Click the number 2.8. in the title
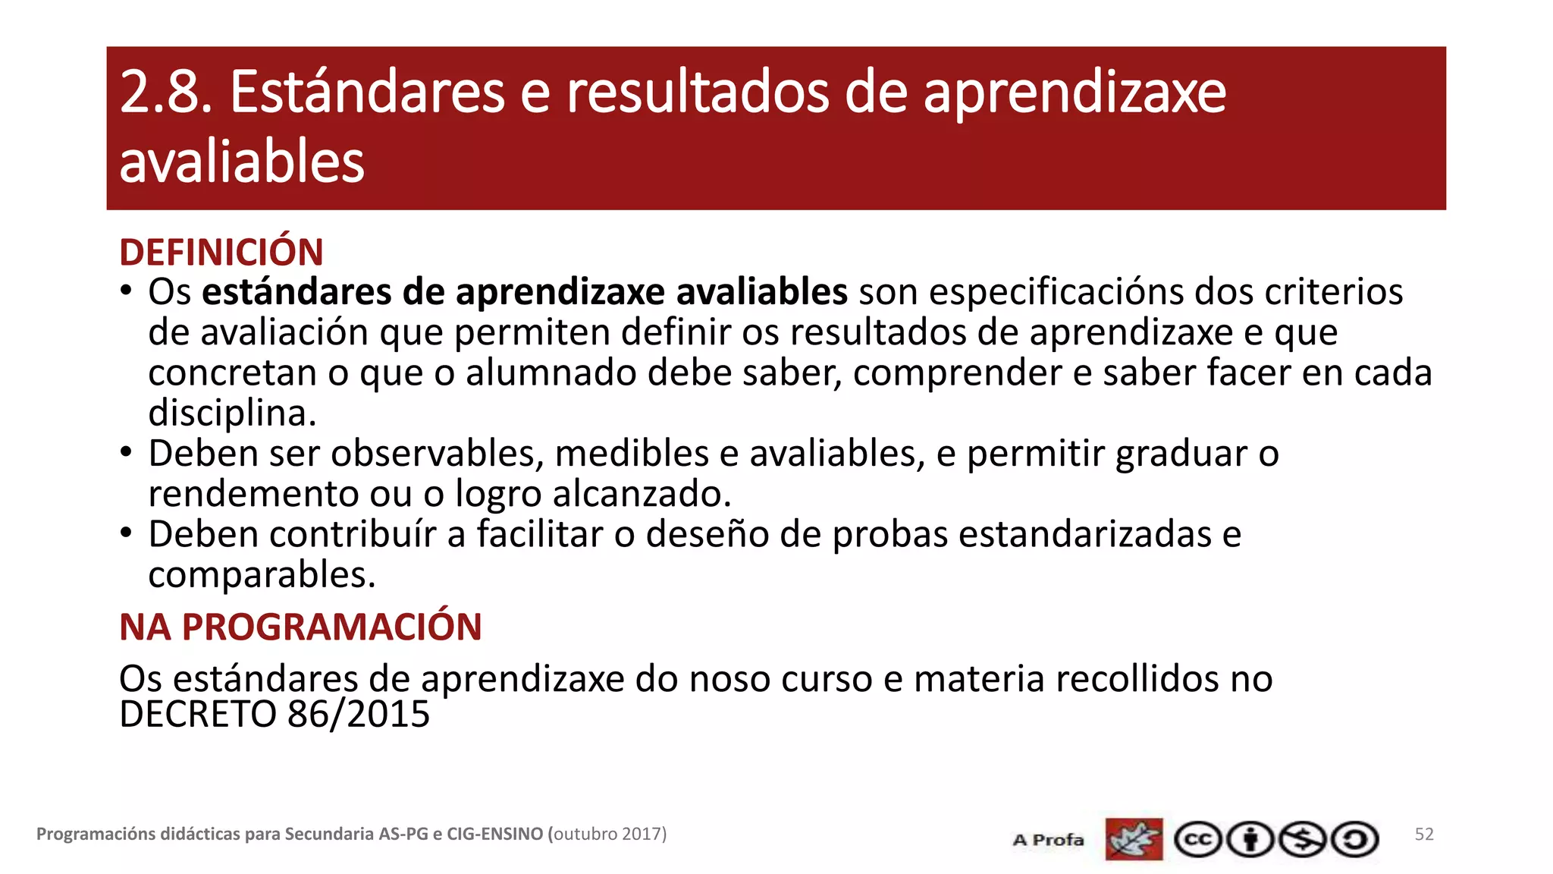[165, 93]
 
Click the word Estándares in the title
[367, 93]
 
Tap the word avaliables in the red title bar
[242, 162]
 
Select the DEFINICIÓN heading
[221, 253]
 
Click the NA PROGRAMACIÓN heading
[300, 627]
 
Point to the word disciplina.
[231, 413]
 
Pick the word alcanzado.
[642, 494]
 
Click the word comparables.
[262, 575]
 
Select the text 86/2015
[359, 715]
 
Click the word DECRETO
[198, 715]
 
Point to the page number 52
[1424, 835]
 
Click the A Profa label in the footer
[1048, 840]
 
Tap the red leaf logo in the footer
[1134, 839]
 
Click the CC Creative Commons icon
[1198, 840]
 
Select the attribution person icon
[1250, 840]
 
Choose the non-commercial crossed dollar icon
[1303, 840]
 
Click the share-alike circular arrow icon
[1355, 840]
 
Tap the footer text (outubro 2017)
[607, 835]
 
